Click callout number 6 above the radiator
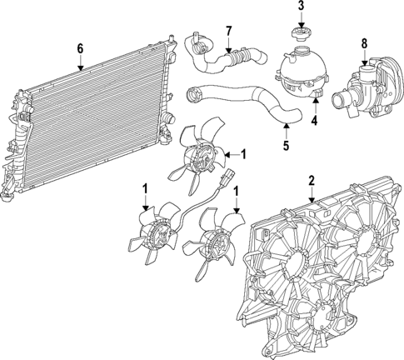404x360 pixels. point(80,49)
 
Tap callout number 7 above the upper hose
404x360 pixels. point(228,32)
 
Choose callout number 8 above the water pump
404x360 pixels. point(363,42)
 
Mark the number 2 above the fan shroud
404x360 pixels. point(312,179)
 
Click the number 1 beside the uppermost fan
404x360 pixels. point(243,153)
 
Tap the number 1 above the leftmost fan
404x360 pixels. point(146,190)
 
